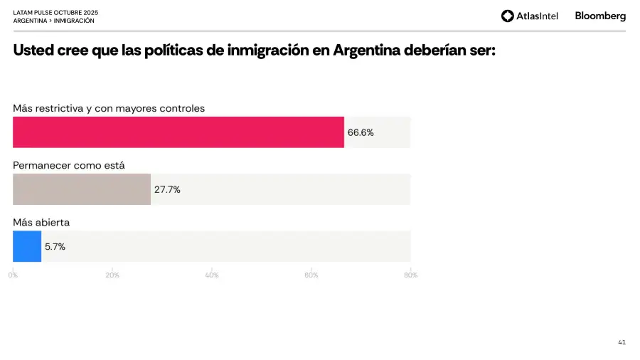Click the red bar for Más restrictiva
pos(178,132)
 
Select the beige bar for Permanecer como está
pos(82,189)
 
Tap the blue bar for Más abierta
pos(27,246)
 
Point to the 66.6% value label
pos(361,132)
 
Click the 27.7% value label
pos(167,189)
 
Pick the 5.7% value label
pos(55,247)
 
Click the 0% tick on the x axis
pos(13,275)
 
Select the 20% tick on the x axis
pos(112,275)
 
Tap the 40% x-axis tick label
pos(212,275)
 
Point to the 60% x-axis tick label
pos(311,275)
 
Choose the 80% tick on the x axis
pos(410,275)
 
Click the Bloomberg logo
pos(600,16)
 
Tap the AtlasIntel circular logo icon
pos(507,16)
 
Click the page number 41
pos(622,342)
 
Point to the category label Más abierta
pos(41,223)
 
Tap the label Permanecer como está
pos(69,165)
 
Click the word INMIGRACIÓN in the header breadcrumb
pos(74,21)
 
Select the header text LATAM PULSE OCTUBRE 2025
pos(55,12)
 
